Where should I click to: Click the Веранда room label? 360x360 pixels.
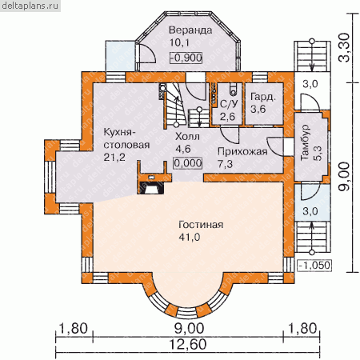point(190,30)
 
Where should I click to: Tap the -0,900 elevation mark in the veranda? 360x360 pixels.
point(186,58)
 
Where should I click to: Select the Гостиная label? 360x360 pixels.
point(201,225)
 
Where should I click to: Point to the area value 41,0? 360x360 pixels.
point(190,237)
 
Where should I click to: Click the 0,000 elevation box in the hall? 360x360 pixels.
point(188,163)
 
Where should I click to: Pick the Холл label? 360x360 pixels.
point(187,137)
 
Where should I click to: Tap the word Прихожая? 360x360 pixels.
point(242,151)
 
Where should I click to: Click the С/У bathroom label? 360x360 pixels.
point(229,104)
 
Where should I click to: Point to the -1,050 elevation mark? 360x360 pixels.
point(314,266)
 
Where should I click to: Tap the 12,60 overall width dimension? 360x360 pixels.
point(188,344)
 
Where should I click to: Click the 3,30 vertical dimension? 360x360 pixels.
point(344,48)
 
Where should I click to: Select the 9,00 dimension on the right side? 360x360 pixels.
point(344,176)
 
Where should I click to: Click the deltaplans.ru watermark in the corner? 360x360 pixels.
point(30,6)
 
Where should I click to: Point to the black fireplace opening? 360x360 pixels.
point(151,189)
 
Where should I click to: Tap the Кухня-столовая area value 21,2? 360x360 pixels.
point(114,158)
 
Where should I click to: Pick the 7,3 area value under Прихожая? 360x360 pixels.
point(225,164)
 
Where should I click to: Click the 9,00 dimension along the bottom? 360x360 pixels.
point(189,329)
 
